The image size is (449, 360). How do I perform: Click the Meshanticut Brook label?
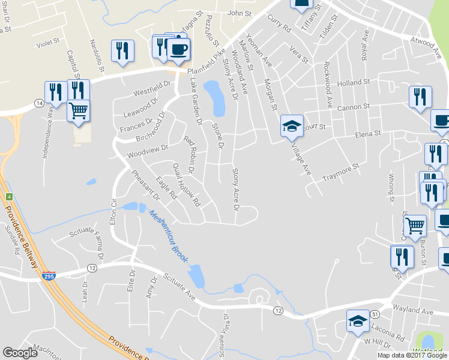pos(169,237)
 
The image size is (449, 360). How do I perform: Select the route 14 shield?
pos(38,104)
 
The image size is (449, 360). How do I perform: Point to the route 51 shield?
pos(375,314)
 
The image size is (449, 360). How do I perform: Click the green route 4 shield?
pos(9,196)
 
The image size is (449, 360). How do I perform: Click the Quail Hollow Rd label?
pos(185,185)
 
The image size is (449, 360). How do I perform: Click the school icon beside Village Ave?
pos(292,125)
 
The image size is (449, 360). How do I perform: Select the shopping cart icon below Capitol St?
pos(78,110)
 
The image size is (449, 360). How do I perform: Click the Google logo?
pos(20,353)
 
